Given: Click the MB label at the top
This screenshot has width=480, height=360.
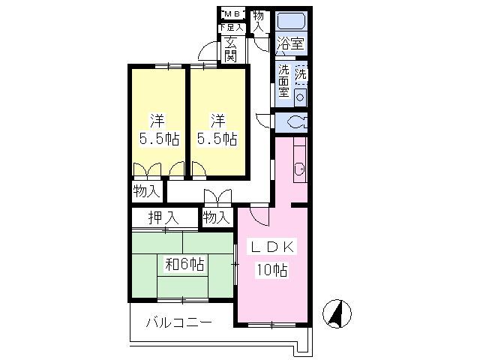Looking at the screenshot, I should [x=230, y=13].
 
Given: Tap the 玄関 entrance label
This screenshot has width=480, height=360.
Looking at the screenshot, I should [x=230, y=49].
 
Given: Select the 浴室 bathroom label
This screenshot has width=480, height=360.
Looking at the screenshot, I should [x=290, y=43].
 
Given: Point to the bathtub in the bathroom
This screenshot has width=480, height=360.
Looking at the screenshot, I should [x=290, y=20].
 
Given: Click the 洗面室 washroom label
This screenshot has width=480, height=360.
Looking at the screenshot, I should [x=284, y=81].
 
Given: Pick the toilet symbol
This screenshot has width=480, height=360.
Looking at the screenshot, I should [x=293, y=122].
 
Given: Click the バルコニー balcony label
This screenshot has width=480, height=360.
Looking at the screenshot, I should [x=178, y=322].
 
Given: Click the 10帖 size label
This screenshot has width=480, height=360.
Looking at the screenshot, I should [x=272, y=270].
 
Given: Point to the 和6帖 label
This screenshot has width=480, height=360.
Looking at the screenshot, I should [x=184, y=263].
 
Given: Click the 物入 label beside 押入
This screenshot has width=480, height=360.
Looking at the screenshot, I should [x=216, y=218].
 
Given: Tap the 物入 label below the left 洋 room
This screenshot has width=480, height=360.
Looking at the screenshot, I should [x=147, y=191].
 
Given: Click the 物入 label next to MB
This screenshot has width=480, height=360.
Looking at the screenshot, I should [x=259, y=20].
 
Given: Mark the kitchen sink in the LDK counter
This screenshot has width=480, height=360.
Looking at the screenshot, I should [x=298, y=170].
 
